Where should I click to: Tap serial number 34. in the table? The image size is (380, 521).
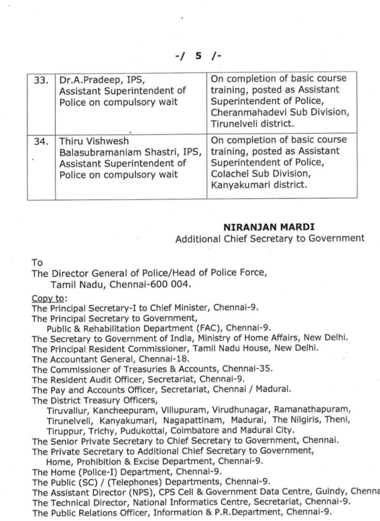pos(40,141)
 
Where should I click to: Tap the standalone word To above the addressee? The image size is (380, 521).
pos(37,263)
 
